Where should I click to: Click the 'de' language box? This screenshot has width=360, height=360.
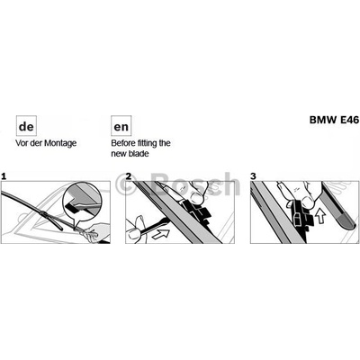[26, 126]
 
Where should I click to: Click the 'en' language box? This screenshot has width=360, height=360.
[121, 126]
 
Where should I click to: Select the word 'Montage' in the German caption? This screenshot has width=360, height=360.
[60, 143]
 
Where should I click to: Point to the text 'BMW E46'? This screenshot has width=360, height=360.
[334, 120]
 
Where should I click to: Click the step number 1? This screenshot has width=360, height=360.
[4, 176]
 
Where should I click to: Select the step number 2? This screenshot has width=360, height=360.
[129, 176]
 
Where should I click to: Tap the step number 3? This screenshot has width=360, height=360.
[254, 176]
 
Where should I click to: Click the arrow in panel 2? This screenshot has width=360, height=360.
[161, 234]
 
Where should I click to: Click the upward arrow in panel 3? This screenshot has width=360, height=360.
[321, 217]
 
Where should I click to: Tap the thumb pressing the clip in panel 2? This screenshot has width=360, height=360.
[196, 195]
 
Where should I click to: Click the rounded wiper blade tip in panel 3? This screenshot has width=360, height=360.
[346, 222]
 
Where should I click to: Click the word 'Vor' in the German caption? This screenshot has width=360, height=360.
[22, 143]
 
